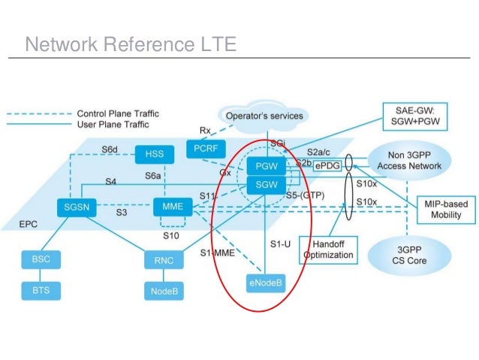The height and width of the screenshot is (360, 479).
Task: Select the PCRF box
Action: [x=200, y=149]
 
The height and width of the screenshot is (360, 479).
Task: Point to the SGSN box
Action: [x=73, y=207]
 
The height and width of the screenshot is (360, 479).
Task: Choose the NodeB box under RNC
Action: [x=164, y=289]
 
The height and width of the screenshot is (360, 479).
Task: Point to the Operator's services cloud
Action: [x=264, y=116]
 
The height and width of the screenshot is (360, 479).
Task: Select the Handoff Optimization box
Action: [x=327, y=250]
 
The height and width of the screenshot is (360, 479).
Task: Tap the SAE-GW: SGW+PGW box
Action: [x=427, y=116]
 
